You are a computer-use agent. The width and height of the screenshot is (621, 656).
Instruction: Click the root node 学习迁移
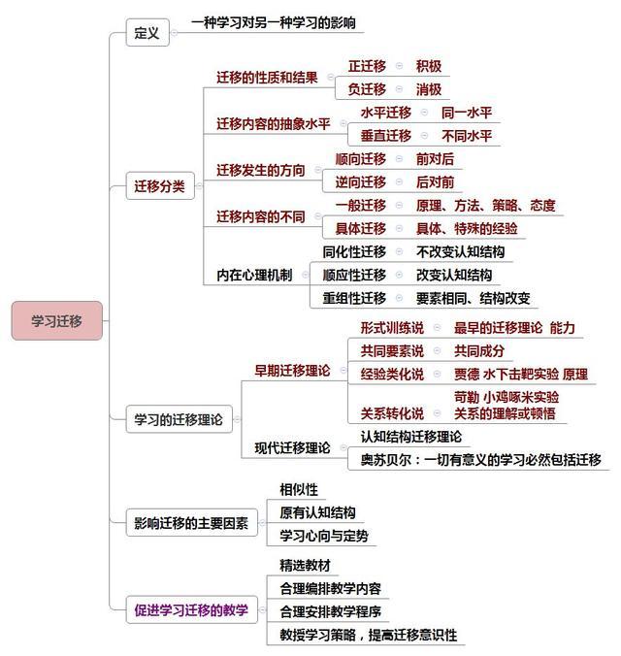(x=57, y=320)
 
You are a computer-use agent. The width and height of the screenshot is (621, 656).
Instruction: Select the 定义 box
(x=147, y=32)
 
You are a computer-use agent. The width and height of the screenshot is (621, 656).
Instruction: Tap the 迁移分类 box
(x=160, y=185)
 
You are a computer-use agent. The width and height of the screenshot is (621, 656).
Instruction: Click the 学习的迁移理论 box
(x=179, y=419)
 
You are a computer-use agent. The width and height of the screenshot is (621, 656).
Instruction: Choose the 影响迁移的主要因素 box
(x=191, y=522)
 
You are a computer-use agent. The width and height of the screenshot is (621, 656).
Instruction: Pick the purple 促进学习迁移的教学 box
(x=191, y=610)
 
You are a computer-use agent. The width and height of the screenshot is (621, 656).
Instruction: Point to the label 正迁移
(x=367, y=66)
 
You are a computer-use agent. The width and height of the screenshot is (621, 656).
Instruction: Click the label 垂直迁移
(x=386, y=136)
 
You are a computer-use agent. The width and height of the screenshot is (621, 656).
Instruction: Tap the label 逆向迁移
(x=361, y=182)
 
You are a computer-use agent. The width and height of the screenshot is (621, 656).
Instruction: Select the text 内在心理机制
(x=254, y=275)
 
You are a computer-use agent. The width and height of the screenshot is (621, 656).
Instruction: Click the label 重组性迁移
(x=354, y=298)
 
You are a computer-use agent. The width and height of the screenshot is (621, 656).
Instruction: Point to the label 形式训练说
(x=392, y=328)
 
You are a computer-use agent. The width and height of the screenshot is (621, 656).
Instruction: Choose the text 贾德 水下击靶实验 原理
(x=521, y=374)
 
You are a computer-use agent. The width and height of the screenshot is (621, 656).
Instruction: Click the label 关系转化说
(x=392, y=413)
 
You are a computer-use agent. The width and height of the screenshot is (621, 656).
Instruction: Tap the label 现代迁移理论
(x=292, y=447)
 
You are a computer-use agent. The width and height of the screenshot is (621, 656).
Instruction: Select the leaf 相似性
(x=299, y=489)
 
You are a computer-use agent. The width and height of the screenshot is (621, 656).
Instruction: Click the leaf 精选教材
(x=305, y=565)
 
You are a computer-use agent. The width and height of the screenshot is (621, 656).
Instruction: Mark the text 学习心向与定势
(x=324, y=536)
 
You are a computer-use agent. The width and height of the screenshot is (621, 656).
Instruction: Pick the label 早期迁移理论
(x=292, y=371)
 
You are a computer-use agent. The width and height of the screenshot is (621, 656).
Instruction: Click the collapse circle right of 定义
(x=175, y=33)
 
